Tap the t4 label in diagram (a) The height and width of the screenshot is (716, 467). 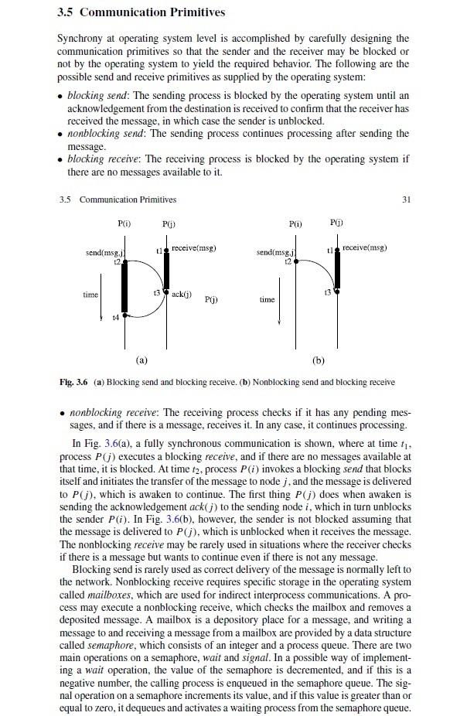click(x=115, y=317)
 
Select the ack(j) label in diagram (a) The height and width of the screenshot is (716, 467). click(x=182, y=295)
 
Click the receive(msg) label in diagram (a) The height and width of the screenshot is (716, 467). click(x=193, y=248)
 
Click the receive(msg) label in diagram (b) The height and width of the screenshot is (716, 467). click(x=363, y=248)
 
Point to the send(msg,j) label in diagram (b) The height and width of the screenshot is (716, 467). click(x=277, y=253)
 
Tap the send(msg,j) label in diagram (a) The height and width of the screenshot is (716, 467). click(x=105, y=253)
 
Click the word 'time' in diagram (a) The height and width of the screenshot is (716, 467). click(x=90, y=295)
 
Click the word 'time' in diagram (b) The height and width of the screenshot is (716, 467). click(x=267, y=299)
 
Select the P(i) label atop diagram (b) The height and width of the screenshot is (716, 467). click(x=295, y=223)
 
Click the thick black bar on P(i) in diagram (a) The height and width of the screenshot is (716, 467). click(x=123, y=289)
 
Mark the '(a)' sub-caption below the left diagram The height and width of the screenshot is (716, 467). click(x=141, y=360)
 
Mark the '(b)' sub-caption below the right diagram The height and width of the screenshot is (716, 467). click(x=319, y=360)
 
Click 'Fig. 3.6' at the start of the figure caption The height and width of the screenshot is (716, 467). click(x=74, y=382)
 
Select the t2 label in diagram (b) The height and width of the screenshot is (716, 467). click(x=289, y=261)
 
